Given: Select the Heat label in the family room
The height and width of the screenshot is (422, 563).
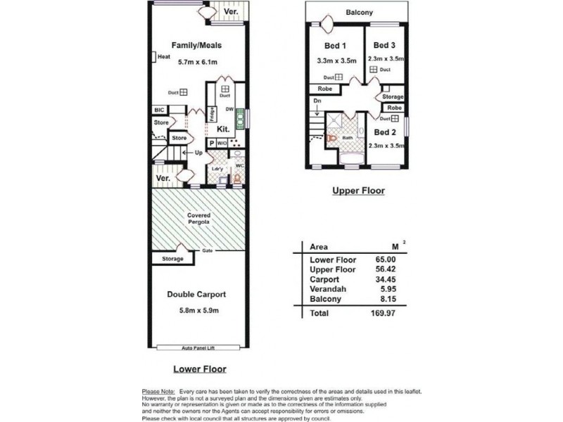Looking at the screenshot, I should pyautogui.click(x=165, y=58).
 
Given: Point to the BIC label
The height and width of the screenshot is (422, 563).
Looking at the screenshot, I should pyautogui.click(x=160, y=110).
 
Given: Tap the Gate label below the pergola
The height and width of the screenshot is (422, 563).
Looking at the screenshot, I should pyautogui.click(x=208, y=251).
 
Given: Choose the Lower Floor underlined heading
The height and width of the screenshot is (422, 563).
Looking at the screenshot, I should pyautogui.click(x=200, y=369).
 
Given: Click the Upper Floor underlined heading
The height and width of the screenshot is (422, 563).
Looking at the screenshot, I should pyautogui.click(x=359, y=190).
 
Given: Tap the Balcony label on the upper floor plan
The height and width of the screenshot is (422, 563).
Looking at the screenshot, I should pyautogui.click(x=360, y=13).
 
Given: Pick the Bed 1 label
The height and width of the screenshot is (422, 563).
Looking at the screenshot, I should pyautogui.click(x=329, y=46).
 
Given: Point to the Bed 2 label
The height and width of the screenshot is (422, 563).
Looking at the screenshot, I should pyautogui.click(x=386, y=132).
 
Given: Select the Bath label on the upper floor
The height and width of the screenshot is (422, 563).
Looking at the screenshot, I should pyautogui.click(x=347, y=138).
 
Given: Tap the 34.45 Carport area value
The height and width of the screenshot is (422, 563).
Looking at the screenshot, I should pyautogui.click(x=383, y=279).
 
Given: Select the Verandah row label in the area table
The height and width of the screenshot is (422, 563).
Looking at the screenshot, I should pyautogui.click(x=327, y=288).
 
